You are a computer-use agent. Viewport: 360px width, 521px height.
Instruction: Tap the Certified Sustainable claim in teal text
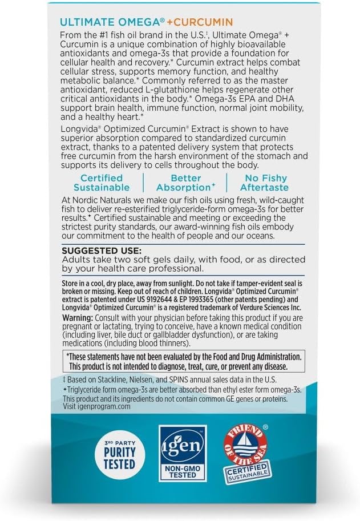pyautogui.click(x=102, y=183)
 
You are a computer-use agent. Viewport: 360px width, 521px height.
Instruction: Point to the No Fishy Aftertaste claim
pyautogui.click(x=256, y=183)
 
